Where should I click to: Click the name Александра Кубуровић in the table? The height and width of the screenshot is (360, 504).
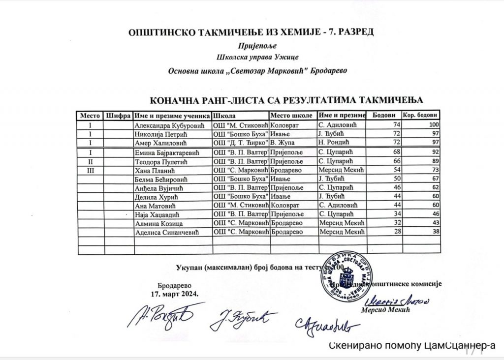tap(165, 125)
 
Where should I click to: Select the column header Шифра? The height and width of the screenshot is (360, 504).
tap(117, 116)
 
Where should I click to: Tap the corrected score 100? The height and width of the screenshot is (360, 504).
tap(433, 125)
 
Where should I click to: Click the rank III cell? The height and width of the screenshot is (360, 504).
tap(90, 170)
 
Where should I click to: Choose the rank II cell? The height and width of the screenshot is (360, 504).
tap(90, 161)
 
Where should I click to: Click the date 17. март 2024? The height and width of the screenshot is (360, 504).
tap(175, 294)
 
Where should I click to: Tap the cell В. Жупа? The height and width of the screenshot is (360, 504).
tap(284, 143)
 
